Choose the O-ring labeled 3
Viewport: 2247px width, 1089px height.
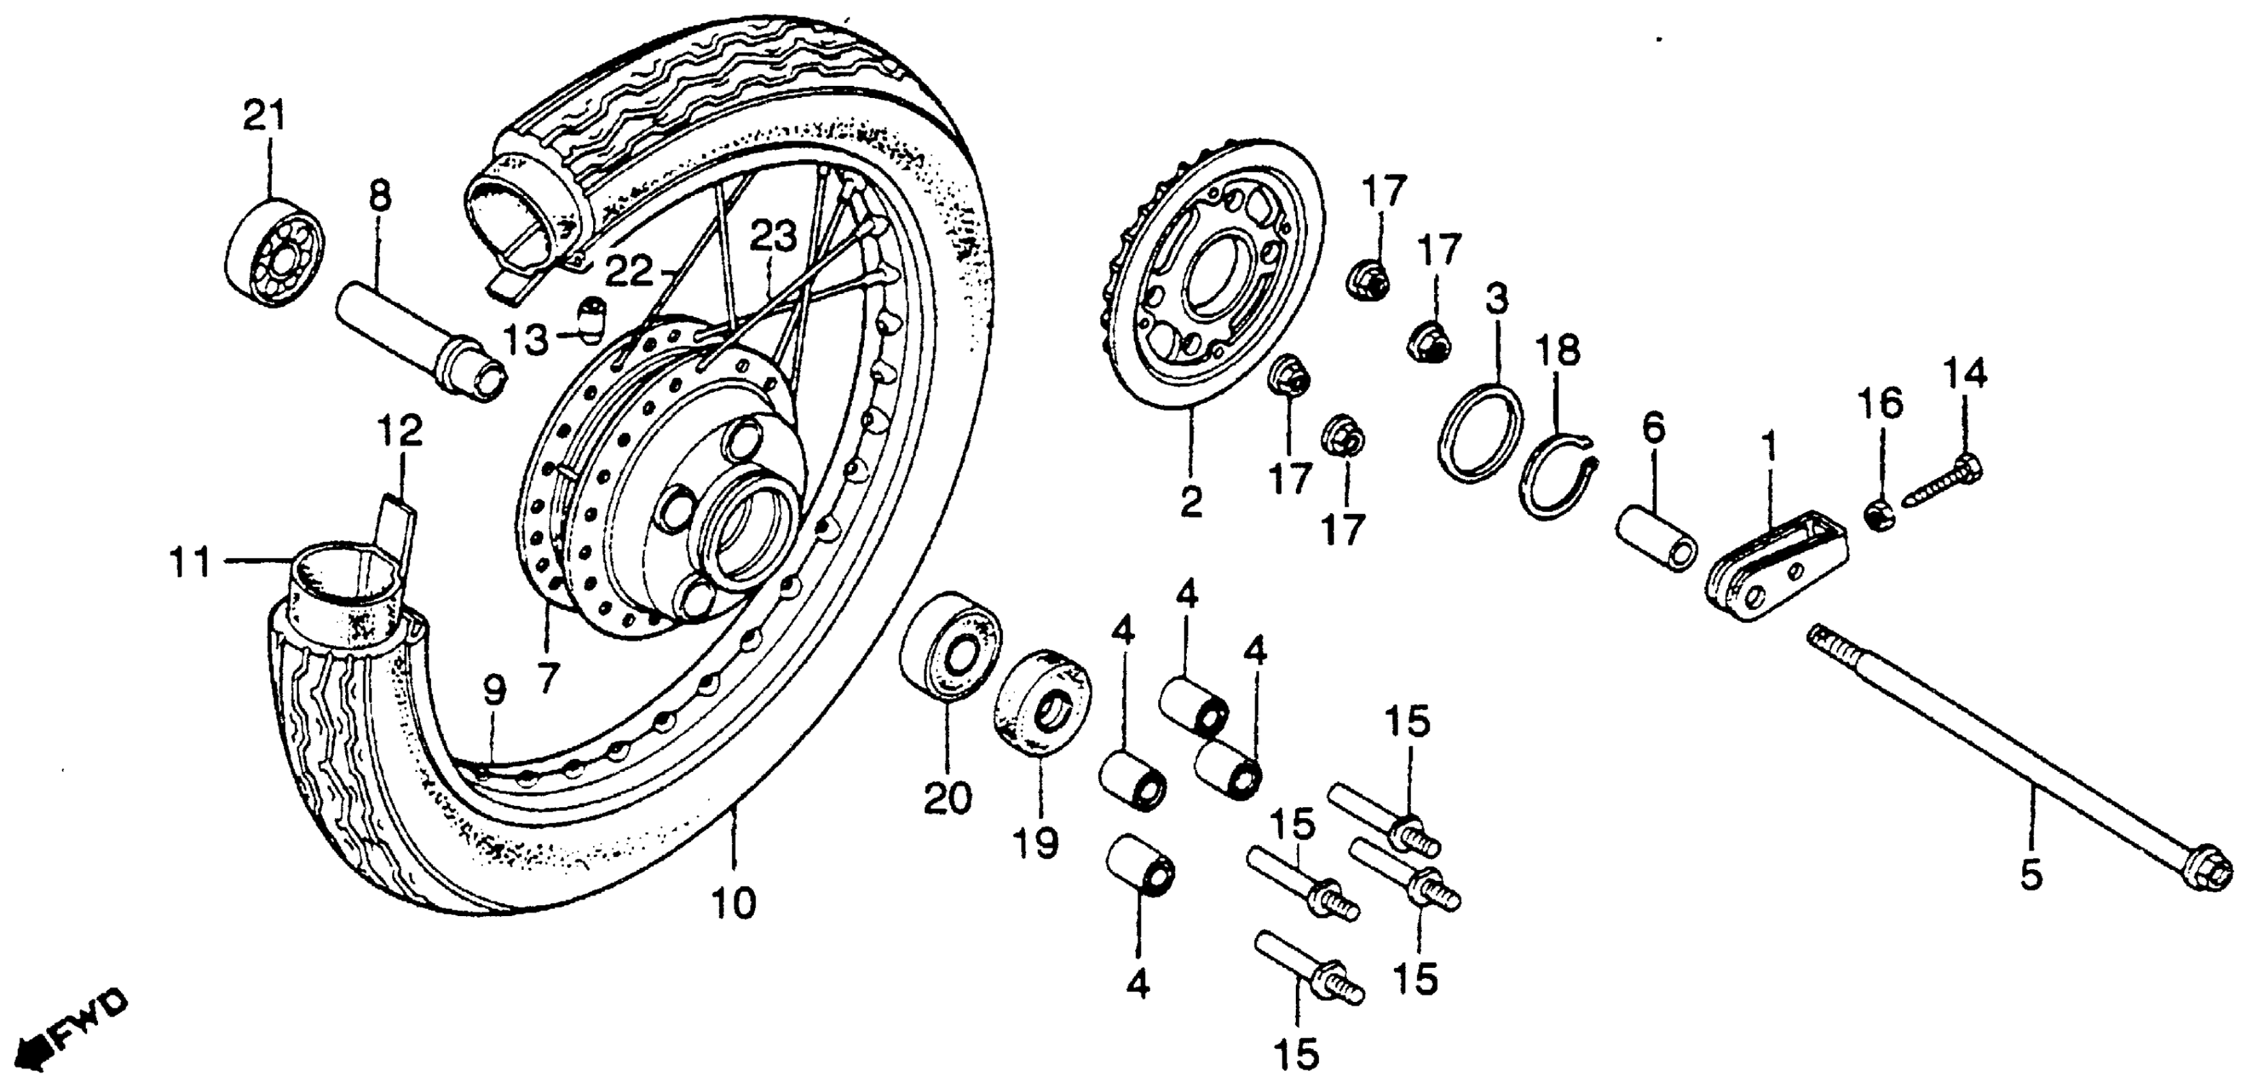[1481, 431]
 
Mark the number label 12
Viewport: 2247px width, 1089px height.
[400, 431]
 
